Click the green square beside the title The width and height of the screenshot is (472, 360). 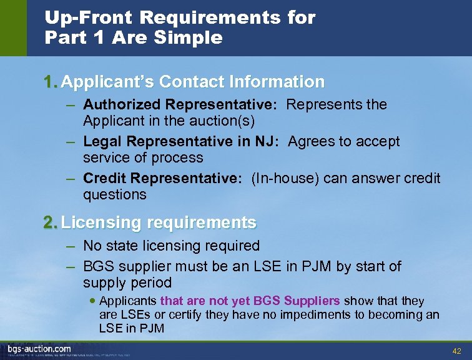[13, 28]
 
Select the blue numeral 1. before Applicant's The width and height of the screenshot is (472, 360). [51, 82]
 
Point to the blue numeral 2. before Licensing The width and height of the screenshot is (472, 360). [51, 222]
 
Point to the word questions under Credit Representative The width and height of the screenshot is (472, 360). [115, 194]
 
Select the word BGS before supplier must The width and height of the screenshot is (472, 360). [99, 267]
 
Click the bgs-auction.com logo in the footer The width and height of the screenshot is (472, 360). [39, 349]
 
